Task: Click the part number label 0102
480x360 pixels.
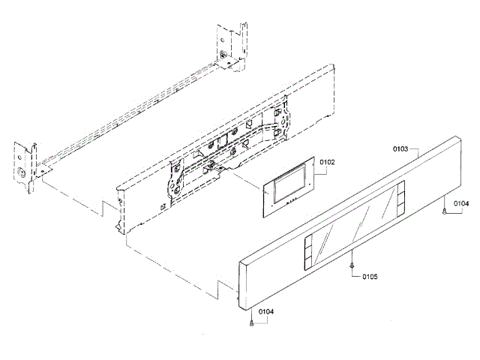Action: pos(327,162)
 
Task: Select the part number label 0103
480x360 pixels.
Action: pos(400,149)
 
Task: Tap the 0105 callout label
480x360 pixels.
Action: pos(369,277)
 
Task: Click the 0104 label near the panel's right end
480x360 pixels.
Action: pos(460,202)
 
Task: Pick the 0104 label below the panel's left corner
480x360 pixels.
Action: pos(266,311)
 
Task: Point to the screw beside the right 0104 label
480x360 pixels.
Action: pos(445,211)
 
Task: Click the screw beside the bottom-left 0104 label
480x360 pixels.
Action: pos(250,322)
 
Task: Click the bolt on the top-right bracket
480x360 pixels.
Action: pos(223,55)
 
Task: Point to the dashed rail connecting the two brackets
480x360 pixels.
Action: pos(127,112)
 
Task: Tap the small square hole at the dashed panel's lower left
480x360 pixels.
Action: pos(162,205)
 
